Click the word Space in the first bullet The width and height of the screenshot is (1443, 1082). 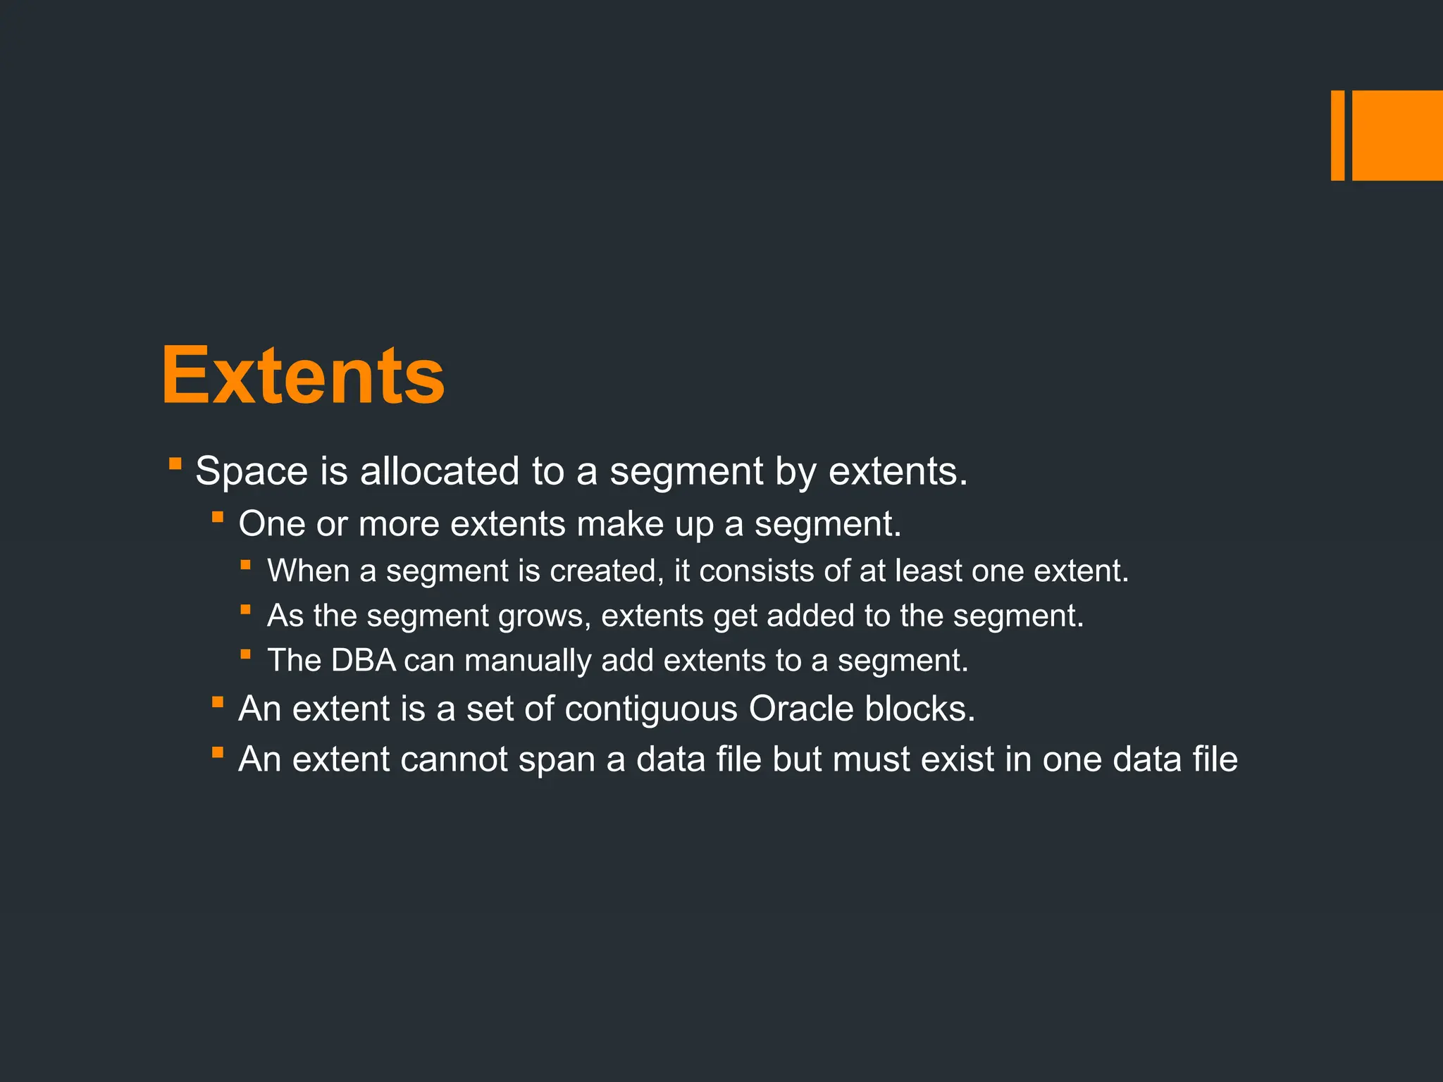252,471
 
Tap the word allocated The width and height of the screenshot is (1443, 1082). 440,471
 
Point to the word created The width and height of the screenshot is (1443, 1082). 606,571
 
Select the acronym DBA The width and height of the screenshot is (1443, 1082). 364,661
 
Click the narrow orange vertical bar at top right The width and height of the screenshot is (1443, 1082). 1337,135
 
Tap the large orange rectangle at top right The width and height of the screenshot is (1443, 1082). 1397,135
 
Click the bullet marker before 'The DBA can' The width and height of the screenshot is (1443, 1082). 245,654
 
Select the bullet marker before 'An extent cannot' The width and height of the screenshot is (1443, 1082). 218,752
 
